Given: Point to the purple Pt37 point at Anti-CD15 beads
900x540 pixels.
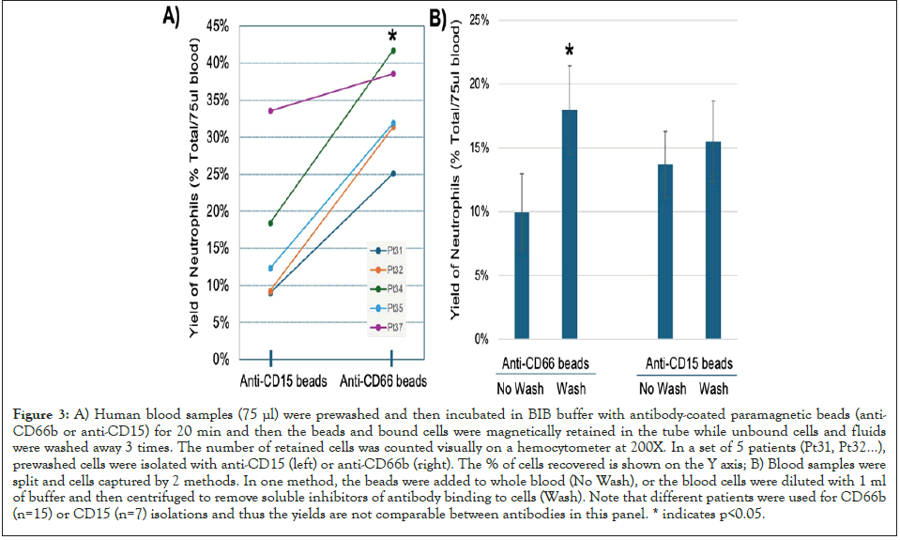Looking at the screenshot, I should pyautogui.click(x=270, y=111).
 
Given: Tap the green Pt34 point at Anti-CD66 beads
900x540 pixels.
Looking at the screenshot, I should pyautogui.click(x=392, y=51).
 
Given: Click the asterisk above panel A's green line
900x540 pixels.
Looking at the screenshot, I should pyautogui.click(x=392, y=37).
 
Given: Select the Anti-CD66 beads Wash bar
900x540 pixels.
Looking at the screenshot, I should pyautogui.click(x=569, y=224).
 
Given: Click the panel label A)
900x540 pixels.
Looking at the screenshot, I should pyautogui.click(x=172, y=16).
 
